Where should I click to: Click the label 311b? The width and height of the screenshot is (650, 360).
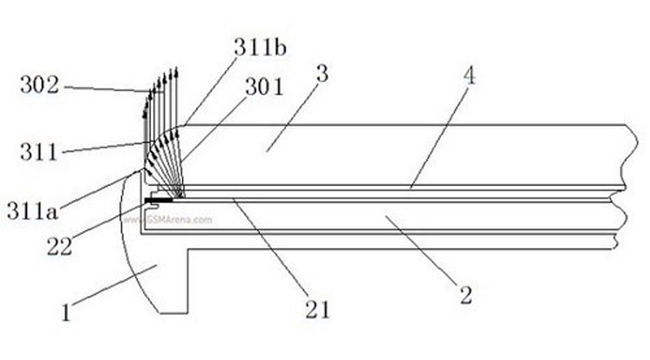[x=260, y=47]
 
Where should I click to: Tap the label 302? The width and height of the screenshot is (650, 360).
[x=40, y=85]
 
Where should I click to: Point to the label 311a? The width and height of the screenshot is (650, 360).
[x=32, y=210]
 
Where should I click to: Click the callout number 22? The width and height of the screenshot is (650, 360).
[x=59, y=246]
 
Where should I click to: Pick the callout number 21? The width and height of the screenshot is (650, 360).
[x=318, y=310]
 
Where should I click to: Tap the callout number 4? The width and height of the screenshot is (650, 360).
[x=470, y=76]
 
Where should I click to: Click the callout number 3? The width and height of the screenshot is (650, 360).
[x=322, y=74]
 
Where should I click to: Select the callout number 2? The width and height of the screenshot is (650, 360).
[x=466, y=295]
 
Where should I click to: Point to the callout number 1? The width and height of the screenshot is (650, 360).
[x=66, y=312]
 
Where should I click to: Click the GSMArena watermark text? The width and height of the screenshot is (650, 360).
[x=168, y=219]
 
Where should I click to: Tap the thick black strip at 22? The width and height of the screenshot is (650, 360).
[x=158, y=201]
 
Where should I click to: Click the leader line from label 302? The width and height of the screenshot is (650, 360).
[x=107, y=89]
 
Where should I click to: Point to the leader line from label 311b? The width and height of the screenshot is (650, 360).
[x=210, y=90]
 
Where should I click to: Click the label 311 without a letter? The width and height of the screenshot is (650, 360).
[x=39, y=152]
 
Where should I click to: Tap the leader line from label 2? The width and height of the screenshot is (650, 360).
[x=422, y=250]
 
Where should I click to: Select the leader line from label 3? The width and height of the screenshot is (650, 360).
[x=292, y=118]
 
